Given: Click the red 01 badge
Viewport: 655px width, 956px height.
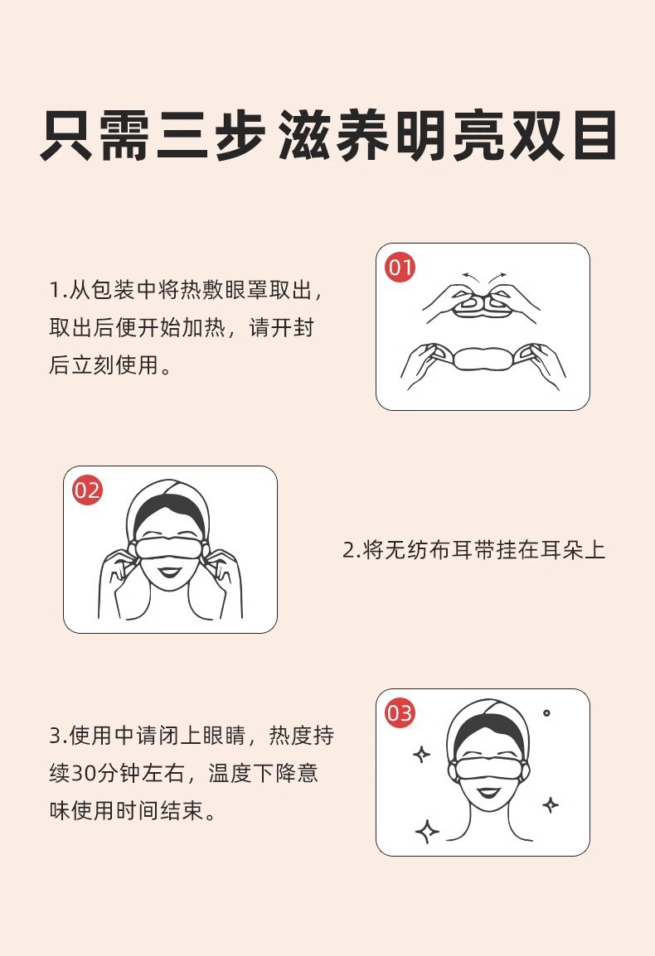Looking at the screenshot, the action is pyautogui.click(x=400, y=267).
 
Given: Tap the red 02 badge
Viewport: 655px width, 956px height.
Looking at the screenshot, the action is pyautogui.click(x=87, y=490).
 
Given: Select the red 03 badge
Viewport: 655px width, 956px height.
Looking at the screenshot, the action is pyautogui.click(x=400, y=712).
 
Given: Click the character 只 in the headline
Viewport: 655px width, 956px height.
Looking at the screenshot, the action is pyautogui.click(x=66, y=135).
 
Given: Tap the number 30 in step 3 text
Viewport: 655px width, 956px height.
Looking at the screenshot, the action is pyautogui.click(x=83, y=773).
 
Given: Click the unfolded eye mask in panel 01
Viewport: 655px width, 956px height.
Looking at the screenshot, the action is pyautogui.click(x=483, y=359).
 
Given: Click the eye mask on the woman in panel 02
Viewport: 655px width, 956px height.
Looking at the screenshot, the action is pyautogui.click(x=167, y=546).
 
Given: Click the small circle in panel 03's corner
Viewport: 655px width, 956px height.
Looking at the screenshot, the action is pyautogui.click(x=546, y=712).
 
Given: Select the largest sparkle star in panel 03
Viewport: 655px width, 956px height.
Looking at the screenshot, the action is pyautogui.click(x=427, y=830).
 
